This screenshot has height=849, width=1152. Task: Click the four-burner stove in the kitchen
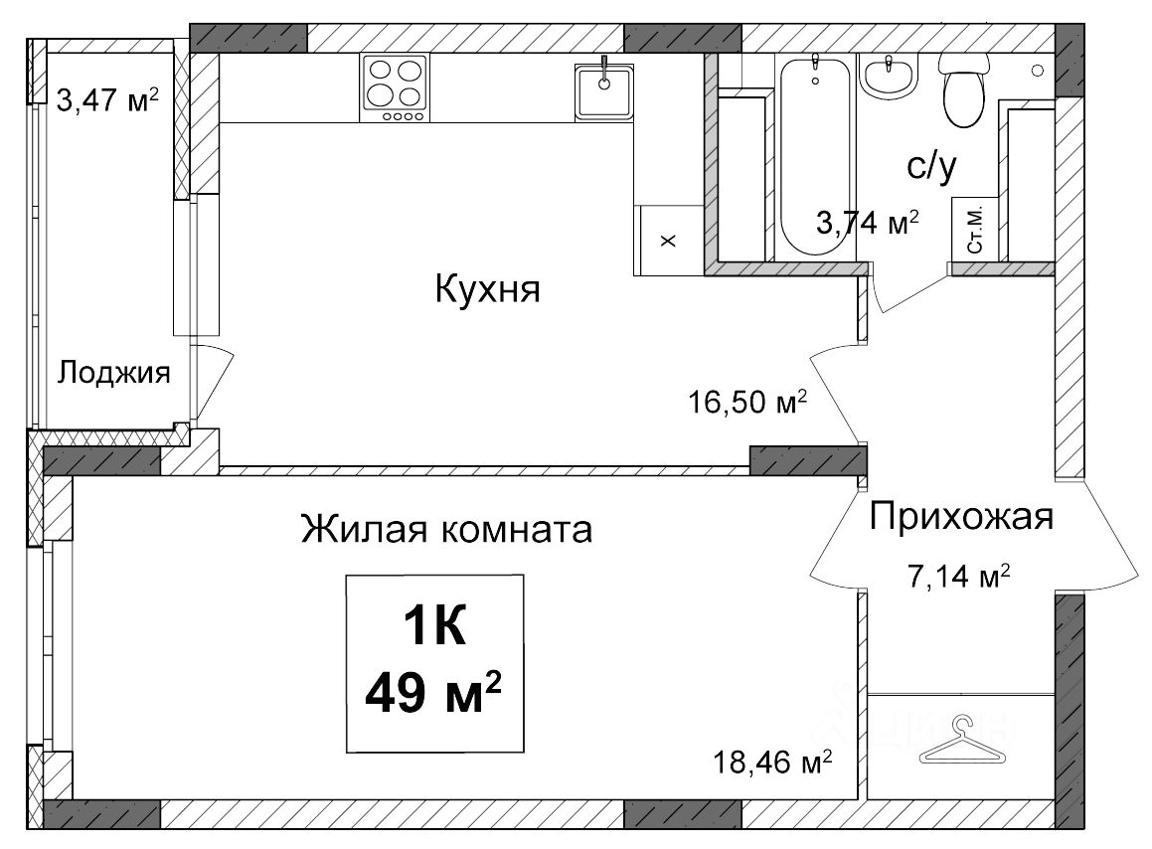(x=395, y=88)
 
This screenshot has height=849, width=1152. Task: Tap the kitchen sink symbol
(x=604, y=91)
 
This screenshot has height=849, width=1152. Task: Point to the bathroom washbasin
(x=889, y=77)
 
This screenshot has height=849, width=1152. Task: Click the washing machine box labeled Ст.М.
(x=975, y=229)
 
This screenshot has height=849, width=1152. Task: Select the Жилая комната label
(x=446, y=529)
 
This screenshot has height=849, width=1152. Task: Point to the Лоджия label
(x=114, y=373)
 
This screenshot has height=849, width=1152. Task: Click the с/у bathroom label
(x=931, y=167)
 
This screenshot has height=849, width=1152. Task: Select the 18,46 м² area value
(x=773, y=763)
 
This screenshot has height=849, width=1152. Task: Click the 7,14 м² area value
(x=959, y=577)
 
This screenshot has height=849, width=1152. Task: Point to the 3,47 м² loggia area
(x=107, y=100)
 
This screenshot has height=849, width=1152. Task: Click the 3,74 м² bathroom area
(x=868, y=222)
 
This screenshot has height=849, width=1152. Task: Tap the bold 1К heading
(x=435, y=627)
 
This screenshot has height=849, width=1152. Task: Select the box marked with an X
(x=669, y=241)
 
